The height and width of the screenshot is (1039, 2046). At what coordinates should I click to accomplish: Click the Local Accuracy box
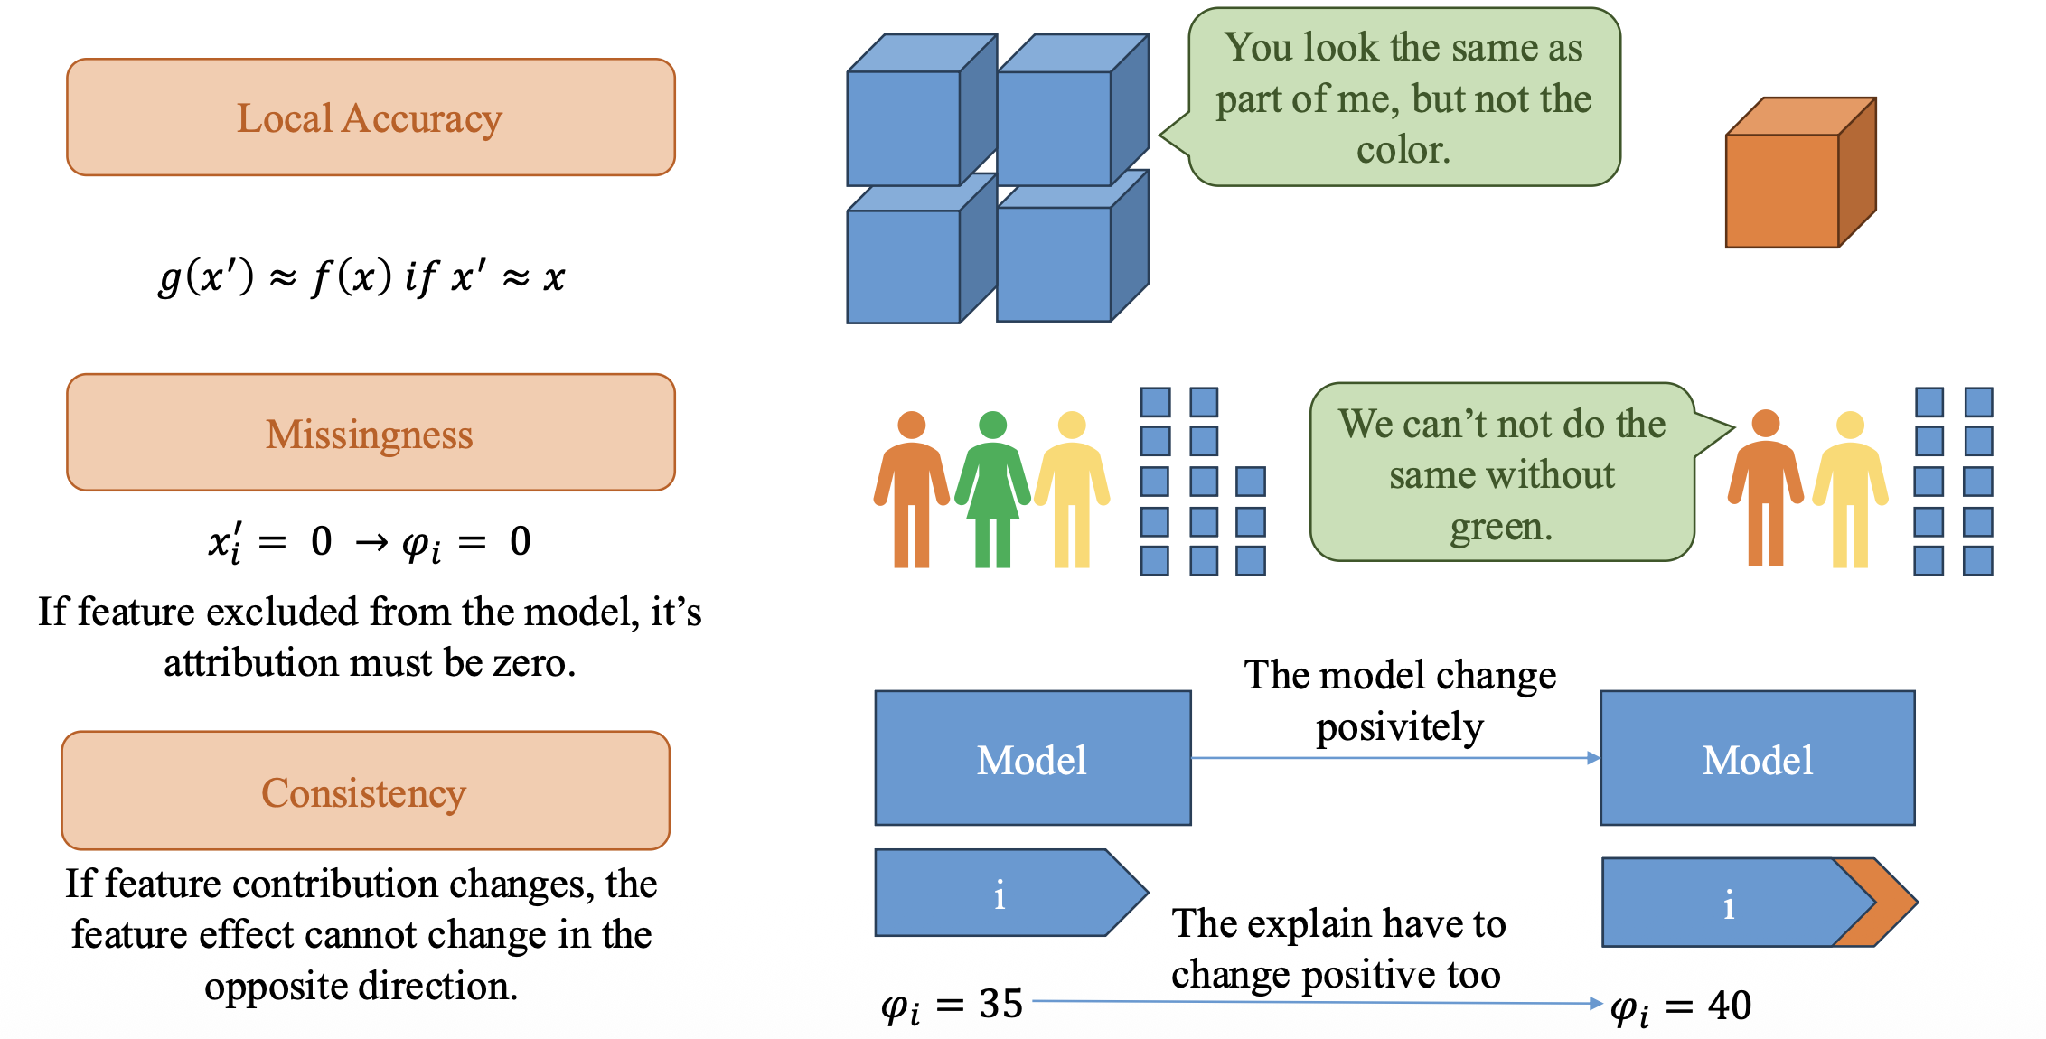[371, 117]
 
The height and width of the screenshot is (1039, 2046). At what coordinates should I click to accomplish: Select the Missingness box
[371, 433]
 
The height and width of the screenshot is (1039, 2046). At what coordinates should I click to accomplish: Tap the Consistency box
[365, 791]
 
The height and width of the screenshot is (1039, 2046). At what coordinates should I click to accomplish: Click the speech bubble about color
[1403, 98]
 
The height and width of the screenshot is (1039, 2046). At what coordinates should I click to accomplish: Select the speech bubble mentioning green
[1502, 473]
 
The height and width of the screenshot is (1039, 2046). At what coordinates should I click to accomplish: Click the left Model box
[1032, 758]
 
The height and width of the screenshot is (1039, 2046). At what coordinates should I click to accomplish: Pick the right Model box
[1757, 758]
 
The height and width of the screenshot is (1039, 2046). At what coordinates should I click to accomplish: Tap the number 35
[1000, 1004]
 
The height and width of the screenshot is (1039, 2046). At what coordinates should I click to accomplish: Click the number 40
[1730, 1006]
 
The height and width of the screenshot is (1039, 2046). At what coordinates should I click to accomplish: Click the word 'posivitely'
[1399, 727]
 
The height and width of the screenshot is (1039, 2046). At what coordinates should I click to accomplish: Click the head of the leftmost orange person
[911, 425]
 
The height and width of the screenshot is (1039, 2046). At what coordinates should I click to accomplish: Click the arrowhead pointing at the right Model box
[1593, 758]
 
